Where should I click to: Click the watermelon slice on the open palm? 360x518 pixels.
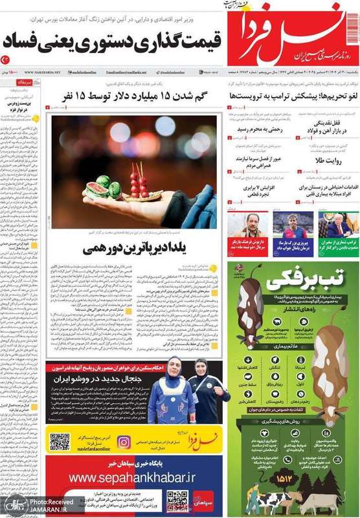point(100,189)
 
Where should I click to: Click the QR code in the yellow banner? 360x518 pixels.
point(60,442)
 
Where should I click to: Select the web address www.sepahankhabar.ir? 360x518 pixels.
point(132,478)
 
